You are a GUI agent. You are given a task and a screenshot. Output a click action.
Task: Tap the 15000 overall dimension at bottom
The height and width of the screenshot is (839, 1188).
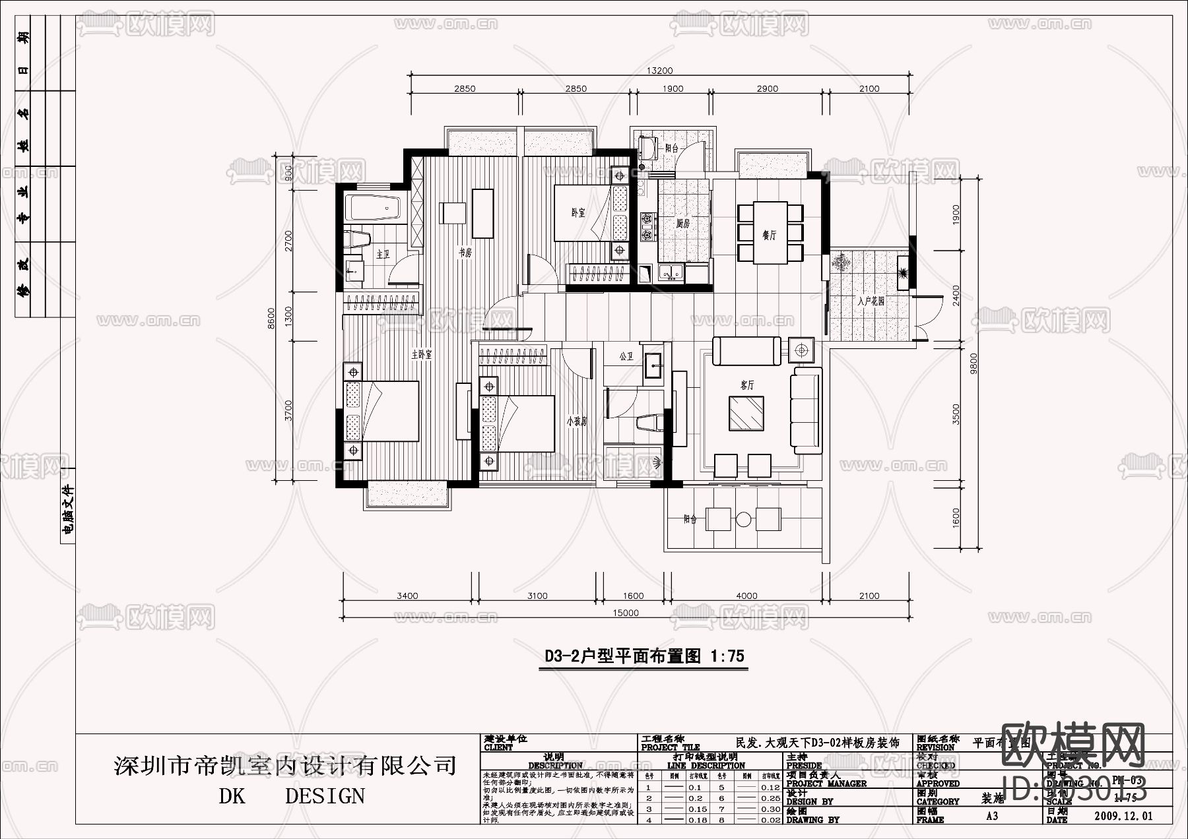tap(625, 613)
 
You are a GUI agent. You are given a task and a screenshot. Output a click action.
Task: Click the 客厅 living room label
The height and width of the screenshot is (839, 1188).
tap(746, 385)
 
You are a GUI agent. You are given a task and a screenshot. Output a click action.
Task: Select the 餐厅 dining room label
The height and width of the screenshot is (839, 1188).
tap(769, 235)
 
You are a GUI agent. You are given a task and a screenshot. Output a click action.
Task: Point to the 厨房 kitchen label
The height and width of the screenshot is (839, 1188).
tap(682, 224)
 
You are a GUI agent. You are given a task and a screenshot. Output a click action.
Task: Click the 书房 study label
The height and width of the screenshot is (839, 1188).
tap(465, 252)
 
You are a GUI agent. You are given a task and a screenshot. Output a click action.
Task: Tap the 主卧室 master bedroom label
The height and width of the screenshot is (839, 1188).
tap(421, 354)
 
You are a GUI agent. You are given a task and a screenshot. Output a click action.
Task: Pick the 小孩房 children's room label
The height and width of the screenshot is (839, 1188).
tap(576, 421)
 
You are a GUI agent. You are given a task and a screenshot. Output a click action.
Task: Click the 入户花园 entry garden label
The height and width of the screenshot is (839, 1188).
tap(871, 301)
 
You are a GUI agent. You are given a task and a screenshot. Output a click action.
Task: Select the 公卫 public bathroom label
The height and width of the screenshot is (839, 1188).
tap(626, 356)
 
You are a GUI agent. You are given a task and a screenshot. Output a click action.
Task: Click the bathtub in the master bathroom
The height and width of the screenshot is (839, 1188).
tap(373, 208)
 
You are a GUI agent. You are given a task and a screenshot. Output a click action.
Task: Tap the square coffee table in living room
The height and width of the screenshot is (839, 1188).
tap(746, 413)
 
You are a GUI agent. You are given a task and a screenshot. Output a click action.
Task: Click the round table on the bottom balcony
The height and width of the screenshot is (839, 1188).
tap(744, 518)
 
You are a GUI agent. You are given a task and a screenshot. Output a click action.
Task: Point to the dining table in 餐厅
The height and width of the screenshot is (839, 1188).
tap(770, 232)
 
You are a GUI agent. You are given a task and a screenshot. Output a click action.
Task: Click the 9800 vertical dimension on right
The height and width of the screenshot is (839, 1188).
tap(974, 363)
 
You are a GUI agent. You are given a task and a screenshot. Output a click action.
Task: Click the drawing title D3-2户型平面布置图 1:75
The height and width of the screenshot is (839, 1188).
tap(643, 656)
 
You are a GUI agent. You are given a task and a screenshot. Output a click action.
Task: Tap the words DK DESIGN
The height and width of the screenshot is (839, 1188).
tap(291, 796)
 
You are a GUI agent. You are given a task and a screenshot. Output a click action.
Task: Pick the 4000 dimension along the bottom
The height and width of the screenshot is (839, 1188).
tap(746, 596)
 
